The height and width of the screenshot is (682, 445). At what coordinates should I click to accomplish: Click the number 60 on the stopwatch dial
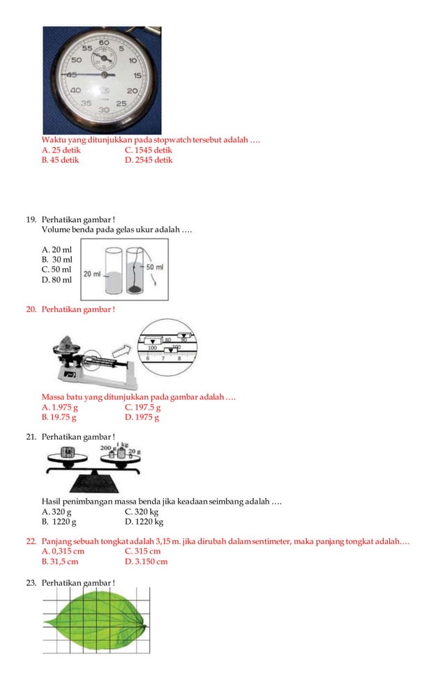tap(104, 43)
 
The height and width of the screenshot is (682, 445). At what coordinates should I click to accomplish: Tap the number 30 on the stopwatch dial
tap(104, 110)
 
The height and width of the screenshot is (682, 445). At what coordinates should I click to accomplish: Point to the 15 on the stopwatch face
tap(138, 75)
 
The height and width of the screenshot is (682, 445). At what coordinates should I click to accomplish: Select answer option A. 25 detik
tap(61, 150)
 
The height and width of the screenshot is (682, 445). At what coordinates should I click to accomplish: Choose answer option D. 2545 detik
tap(149, 160)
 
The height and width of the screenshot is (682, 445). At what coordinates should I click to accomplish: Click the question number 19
tap(31, 219)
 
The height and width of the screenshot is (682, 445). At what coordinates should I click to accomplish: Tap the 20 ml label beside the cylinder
tap(92, 274)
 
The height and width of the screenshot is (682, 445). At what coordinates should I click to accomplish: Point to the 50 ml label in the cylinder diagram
tap(154, 267)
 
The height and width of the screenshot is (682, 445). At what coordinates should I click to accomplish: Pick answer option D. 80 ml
tap(56, 280)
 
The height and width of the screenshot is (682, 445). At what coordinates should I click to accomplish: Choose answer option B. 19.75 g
tap(59, 417)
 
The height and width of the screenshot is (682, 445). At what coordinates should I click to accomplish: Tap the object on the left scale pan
tap(68, 452)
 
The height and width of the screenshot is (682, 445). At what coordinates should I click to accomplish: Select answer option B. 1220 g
tap(59, 521)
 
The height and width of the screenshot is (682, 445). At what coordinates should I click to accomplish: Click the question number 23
tap(31, 582)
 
